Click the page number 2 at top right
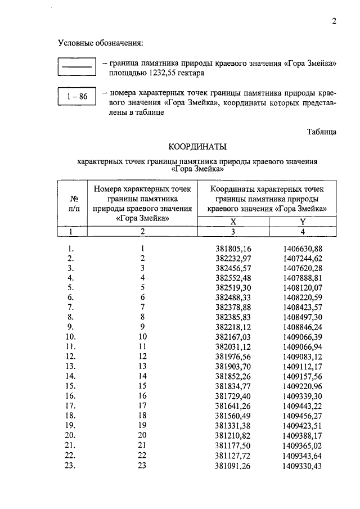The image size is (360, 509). (334, 22)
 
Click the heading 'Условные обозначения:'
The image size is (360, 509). (100, 43)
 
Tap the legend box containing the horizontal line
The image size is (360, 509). (76, 67)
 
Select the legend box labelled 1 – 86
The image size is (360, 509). (76, 97)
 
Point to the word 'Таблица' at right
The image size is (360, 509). (321, 132)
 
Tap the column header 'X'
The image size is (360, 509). (233, 222)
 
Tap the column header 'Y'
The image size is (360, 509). (302, 222)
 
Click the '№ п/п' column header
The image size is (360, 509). (73, 203)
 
